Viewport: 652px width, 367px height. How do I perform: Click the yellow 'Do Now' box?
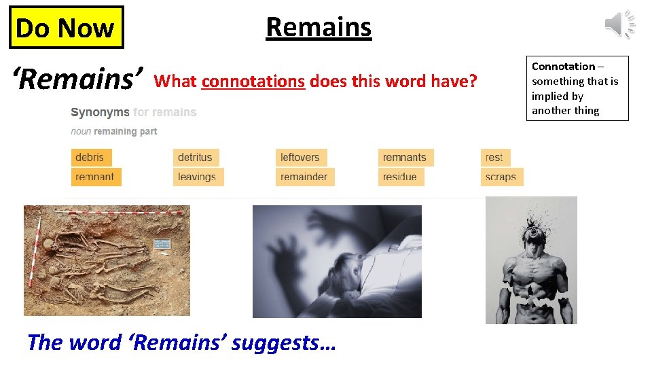(66, 28)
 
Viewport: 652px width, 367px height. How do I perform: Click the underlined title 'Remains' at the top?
(319, 27)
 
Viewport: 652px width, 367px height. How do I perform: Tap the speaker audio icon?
(619, 24)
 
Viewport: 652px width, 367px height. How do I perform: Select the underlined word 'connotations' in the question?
(253, 82)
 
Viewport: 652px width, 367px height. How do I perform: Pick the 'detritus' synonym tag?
(195, 158)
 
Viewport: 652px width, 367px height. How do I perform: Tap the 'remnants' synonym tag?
(405, 158)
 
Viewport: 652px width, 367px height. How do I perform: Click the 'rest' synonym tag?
(494, 158)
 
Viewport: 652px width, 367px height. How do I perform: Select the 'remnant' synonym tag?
(95, 177)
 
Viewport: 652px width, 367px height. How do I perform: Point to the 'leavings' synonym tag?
(197, 177)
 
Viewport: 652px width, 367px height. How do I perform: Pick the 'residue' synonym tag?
(400, 177)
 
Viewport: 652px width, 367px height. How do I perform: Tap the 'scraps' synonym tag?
(501, 177)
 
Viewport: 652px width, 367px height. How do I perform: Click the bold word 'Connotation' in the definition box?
(563, 67)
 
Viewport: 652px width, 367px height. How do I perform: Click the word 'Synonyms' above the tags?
(100, 112)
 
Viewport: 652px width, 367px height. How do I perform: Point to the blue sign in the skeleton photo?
(161, 244)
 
